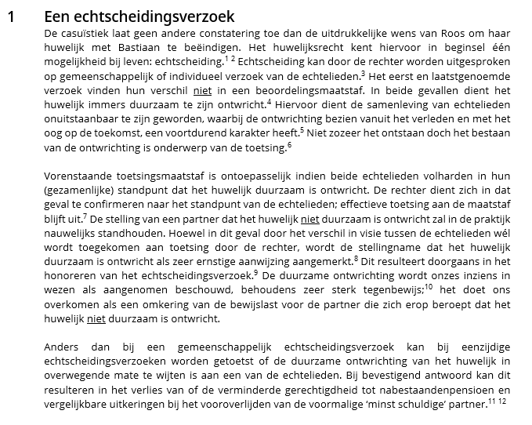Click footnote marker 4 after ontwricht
(x=269, y=100)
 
